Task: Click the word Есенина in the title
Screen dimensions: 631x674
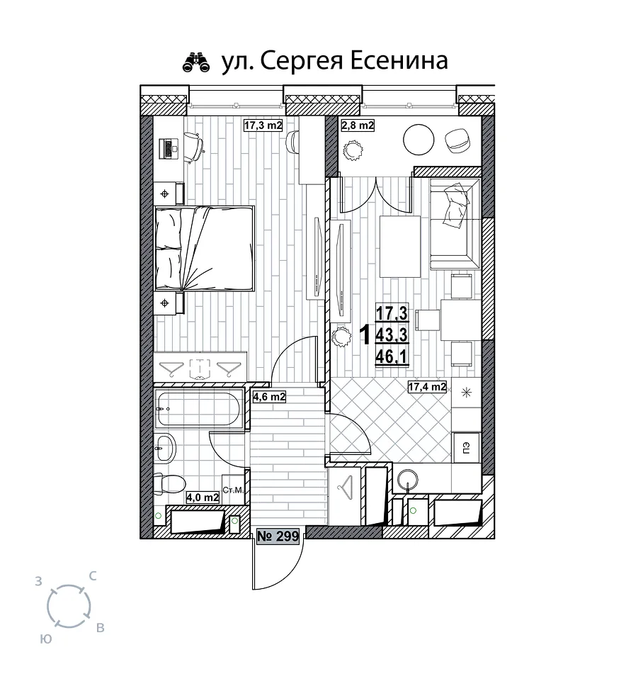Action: pos(399,60)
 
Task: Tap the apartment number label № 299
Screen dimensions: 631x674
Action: pos(278,536)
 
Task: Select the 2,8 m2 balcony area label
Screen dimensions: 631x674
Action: pos(358,125)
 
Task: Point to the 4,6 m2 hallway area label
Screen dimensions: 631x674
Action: pos(269,396)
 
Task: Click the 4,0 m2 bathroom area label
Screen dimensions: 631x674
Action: pos(203,498)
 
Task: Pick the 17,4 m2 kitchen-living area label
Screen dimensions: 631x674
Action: pos(427,386)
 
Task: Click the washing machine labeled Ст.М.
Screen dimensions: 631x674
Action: pos(233,489)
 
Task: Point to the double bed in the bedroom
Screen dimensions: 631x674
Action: pos(204,249)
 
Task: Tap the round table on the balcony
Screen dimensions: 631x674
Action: pos(419,140)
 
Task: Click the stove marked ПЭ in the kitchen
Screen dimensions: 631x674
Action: pos(467,447)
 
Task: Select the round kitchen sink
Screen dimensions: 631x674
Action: pos(407,480)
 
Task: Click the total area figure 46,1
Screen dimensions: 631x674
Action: pos(392,356)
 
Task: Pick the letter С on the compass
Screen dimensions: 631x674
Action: pos(92,576)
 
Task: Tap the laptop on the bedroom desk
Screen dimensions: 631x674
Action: pos(168,148)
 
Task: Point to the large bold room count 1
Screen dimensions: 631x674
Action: pos(365,335)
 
